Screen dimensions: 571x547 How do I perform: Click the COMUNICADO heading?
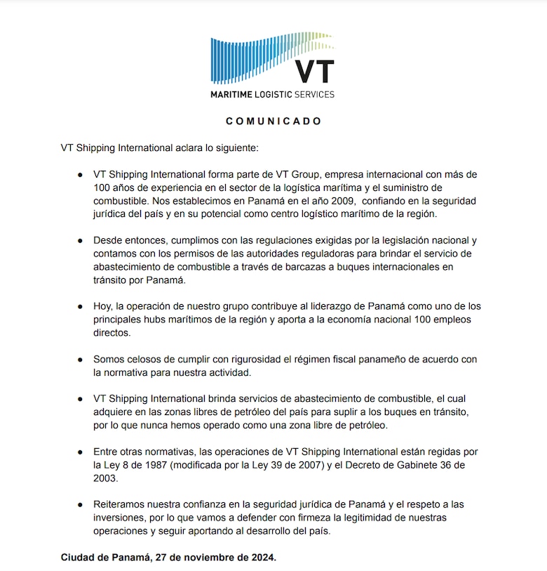(x=273, y=122)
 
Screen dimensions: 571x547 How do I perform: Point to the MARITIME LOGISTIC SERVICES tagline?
(x=273, y=94)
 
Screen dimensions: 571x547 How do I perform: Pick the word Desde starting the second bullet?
(x=109, y=240)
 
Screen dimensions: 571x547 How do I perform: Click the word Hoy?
(x=102, y=306)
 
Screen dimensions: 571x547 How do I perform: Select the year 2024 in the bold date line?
(x=262, y=558)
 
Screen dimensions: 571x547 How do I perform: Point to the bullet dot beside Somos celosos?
(x=81, y=359)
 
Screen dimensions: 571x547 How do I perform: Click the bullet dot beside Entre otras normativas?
(x=81, y=451)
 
